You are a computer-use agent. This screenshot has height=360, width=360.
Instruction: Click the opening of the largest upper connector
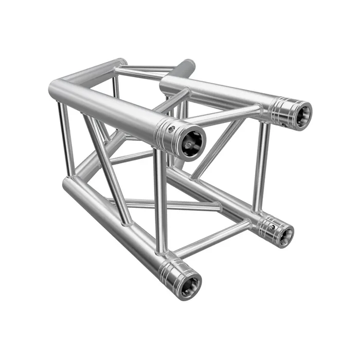point(191,140)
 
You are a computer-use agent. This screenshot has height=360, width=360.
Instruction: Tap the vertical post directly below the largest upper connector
point(160,201)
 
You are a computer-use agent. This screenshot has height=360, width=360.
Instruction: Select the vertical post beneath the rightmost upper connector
point(261,165)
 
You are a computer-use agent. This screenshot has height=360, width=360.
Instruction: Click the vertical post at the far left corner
point(66,139)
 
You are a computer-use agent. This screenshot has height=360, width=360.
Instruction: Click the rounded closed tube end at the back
point(186,66)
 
